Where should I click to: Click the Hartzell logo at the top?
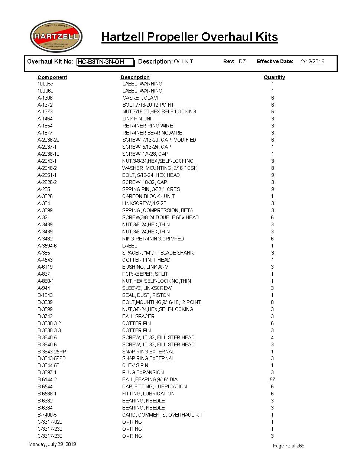point(56,36)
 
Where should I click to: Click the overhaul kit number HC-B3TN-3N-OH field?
point(105,62)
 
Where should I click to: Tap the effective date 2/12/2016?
point(312,61)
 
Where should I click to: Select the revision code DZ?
point(242,61)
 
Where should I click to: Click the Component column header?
point(52,77)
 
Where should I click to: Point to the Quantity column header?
point(274,77)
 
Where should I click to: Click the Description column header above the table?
point(135,77)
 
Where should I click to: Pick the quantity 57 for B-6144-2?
point(272,379)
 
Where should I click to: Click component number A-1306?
point(45,98)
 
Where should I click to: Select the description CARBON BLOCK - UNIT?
point(148,196)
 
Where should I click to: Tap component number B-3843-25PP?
point(52,352)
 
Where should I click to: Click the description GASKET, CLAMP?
point(141,98)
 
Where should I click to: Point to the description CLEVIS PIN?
point(135,365)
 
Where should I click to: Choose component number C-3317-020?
point(50,422)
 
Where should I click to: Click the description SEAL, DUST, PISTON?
point(146,295)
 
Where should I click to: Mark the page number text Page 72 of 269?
point(289,446)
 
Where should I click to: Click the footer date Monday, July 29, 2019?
point(52,444)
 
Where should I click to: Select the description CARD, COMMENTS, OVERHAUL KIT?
point(162,415)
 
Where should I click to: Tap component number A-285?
point(43,189)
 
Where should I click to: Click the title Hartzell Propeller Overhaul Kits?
point(189,37)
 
